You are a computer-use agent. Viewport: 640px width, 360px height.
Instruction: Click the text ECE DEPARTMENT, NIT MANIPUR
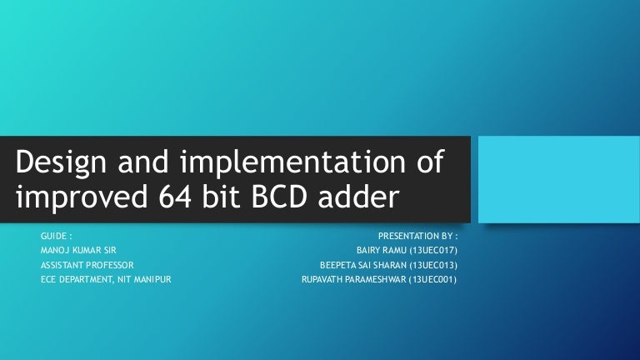click(x=106, y=279)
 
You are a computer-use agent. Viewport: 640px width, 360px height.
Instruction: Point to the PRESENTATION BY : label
click(x=417, y=236)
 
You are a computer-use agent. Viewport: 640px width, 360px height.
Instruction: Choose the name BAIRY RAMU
click(x=377, y=250)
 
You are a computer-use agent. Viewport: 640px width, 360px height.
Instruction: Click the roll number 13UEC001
click(x=432, y=279)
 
